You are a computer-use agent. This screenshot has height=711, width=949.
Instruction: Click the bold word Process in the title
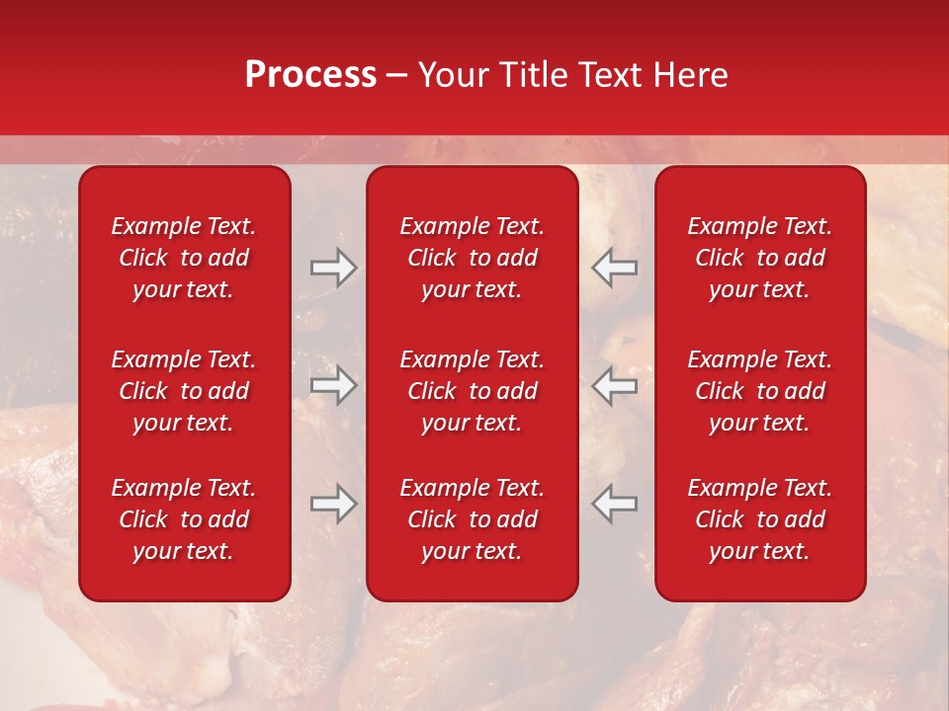[x=310, y=75]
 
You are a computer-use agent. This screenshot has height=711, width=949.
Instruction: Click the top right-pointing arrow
[x=334, y=268]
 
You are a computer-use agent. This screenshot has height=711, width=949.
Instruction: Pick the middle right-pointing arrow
[x=334, y=385]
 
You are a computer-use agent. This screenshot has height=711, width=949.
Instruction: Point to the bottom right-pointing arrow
[x=334, y=504]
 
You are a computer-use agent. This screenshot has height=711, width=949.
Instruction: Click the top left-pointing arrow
[x=614, y=268]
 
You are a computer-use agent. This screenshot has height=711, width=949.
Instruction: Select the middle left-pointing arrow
[x=614, y=385]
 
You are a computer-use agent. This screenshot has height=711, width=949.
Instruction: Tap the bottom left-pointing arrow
[x=614, y=504]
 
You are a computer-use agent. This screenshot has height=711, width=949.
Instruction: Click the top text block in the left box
[x=184, y=258]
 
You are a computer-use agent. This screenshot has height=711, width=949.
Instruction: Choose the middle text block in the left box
[x=184, y=391]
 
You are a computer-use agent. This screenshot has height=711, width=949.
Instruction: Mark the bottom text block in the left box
[x=184, y=519]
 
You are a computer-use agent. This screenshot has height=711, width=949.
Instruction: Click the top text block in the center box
[x=473, y=258]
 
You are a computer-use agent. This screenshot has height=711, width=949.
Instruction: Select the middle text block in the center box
[x=473, y=391]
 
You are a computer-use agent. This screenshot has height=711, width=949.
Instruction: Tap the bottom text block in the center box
[x=473, y=519]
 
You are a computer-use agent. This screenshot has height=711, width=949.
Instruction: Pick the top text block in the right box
[x=760, y=258]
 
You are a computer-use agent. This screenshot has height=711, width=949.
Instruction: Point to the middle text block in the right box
[x=760, y=391]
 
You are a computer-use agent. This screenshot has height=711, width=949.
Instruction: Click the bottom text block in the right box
[x=760, y=519]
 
